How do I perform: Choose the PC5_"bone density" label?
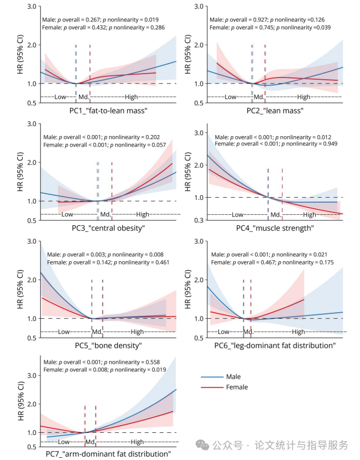click(108, 345)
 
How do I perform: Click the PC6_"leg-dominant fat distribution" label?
click(275, 345)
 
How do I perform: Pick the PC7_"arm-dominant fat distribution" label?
click(108, 454)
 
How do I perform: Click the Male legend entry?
click(233, 377)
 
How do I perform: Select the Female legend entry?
click(237, 387)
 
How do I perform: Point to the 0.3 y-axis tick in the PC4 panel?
click(197, 220)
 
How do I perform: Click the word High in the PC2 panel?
click(304, 97)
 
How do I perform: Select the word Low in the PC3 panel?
click(67, 214)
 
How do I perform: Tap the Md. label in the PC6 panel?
click(247, 332)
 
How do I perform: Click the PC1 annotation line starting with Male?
click(95, 19)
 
